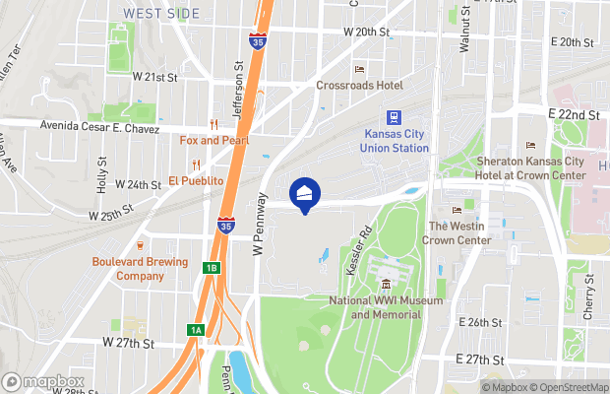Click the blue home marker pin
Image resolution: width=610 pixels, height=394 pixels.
pos(305,194)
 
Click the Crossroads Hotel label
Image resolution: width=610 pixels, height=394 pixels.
pos(359,86)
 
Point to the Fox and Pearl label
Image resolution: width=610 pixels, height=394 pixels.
pos(213,141)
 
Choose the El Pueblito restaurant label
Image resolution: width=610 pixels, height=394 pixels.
pos(196,181)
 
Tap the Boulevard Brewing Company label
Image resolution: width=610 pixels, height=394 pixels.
pos(140,268)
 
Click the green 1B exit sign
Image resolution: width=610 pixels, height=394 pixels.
pos(211,268)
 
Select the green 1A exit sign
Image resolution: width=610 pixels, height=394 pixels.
pos(197,330)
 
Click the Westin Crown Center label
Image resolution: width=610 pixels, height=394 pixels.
pos(458,233)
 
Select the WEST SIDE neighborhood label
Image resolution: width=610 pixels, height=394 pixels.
pos(161,14)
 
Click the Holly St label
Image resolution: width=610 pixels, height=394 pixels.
pos(101,173)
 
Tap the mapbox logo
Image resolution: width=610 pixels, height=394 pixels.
pos(40,381)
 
